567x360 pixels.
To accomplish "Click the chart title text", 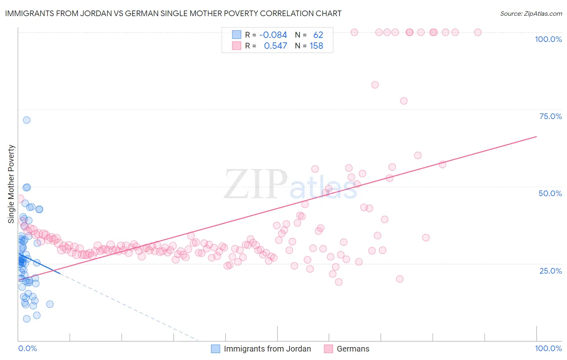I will [173, 14].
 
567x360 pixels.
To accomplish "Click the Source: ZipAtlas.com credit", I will [531, 14].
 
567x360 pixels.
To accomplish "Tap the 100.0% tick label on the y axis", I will [548, 39].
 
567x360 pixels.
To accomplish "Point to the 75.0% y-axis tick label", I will [550, 116].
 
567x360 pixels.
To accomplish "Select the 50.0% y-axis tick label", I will [550, 193].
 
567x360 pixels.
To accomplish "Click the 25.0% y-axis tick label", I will [550, 271].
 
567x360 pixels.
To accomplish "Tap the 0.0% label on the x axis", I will [27, 348].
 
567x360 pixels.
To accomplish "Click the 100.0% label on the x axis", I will [548, 348].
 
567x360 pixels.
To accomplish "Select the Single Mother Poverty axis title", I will [11, 184].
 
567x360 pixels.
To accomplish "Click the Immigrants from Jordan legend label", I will [267, 349].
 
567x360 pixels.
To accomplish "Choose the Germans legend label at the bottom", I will [353, 349].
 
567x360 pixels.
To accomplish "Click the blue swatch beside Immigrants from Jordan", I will [216, 349].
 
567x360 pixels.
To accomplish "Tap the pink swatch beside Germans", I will [329, 349].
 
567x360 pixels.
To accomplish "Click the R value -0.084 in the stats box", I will [273, 35].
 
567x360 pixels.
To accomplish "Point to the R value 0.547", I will [275, 46].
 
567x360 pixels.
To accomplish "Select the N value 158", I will [316, 46].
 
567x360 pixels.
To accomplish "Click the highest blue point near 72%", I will [27, 120].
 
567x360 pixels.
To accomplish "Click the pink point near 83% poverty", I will [375, 85].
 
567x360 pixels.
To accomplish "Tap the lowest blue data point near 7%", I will [27, 319].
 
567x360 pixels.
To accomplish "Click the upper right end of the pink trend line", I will [536, 137].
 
